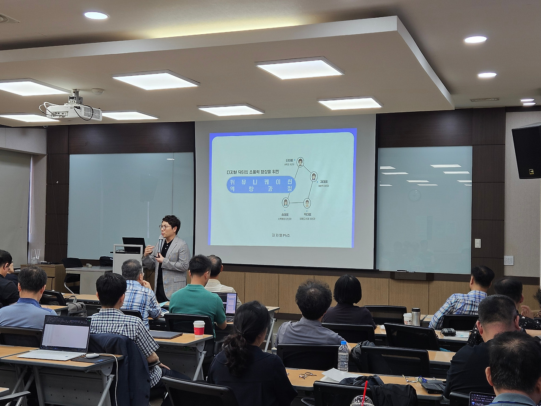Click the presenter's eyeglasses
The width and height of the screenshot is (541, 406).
165,227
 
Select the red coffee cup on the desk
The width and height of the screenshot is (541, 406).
199,327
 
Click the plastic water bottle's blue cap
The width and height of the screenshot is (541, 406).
343,343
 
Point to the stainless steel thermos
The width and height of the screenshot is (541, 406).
416,316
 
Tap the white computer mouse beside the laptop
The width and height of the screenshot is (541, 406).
92,356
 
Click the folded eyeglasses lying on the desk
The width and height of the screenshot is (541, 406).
307,375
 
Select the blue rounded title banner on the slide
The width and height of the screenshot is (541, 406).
261,185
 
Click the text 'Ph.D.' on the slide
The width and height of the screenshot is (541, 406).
287,235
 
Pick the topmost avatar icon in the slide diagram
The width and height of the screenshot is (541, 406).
300,162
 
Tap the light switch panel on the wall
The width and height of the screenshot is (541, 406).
477,243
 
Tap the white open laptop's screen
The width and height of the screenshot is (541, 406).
66,333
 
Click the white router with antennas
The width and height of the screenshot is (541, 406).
35,256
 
